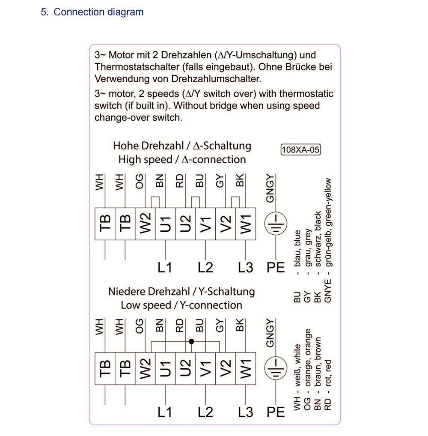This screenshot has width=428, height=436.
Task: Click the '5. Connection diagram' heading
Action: (92, 12)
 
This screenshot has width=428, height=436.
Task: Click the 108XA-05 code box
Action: (300, 150)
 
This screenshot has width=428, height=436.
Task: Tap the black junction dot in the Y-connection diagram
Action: (191, 341)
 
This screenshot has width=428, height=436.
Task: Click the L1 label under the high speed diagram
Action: (164, 268)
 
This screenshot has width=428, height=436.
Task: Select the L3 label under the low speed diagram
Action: (246, 412)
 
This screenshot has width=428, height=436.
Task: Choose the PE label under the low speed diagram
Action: (276, 412)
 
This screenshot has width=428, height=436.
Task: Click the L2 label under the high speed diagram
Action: (205, 268)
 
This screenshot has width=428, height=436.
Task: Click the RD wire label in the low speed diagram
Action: (180, 326)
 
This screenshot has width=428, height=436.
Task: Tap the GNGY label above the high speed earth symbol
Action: (270, 189)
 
